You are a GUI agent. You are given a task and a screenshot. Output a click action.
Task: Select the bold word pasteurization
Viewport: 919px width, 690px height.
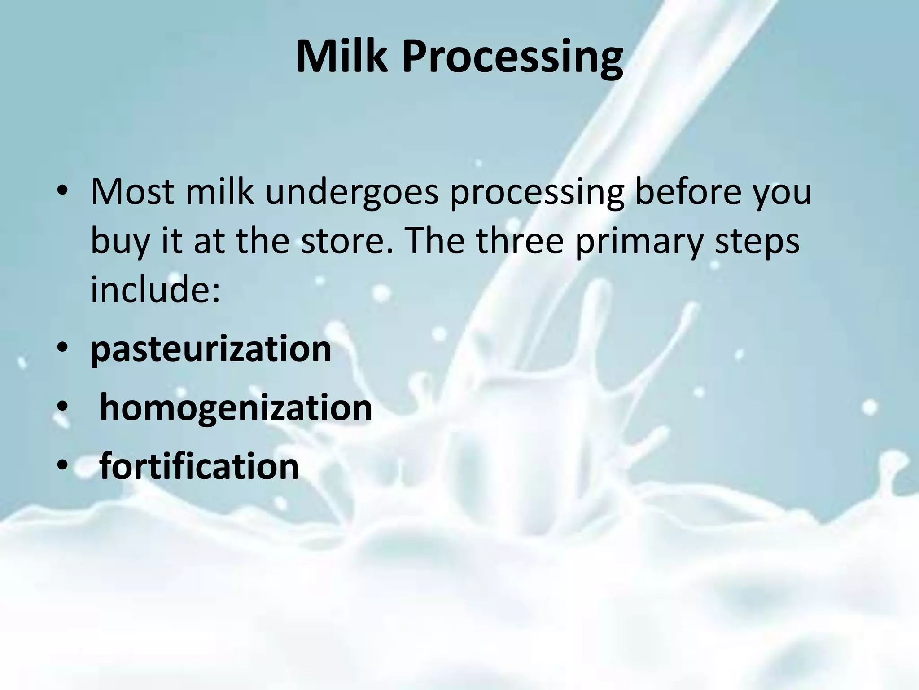[x=211, y=350]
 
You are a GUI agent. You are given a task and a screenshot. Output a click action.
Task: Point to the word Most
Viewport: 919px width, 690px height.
[x=132, y=191]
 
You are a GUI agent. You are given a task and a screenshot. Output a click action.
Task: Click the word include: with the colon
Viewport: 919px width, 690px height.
[x=155, y=290]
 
